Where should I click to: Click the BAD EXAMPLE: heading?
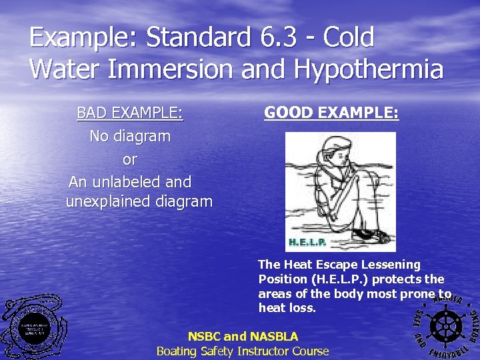(x=130, y=113)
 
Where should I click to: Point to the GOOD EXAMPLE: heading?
(x=331, y=113)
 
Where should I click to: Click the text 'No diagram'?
(x=130, y=136)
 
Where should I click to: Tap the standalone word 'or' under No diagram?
(x=130, y=159)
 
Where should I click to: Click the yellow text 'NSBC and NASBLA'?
(x=243, y=337)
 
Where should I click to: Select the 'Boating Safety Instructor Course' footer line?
(x=243, y=351)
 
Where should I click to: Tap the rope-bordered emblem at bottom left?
(x=33, y=326)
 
